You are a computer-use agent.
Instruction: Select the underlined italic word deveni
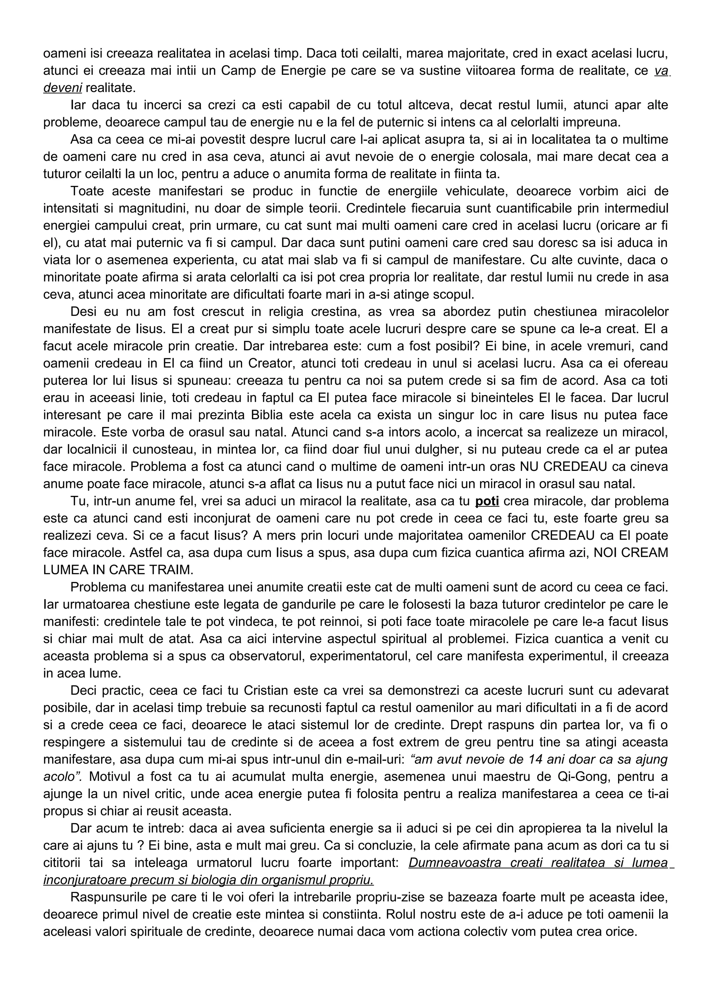62,88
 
